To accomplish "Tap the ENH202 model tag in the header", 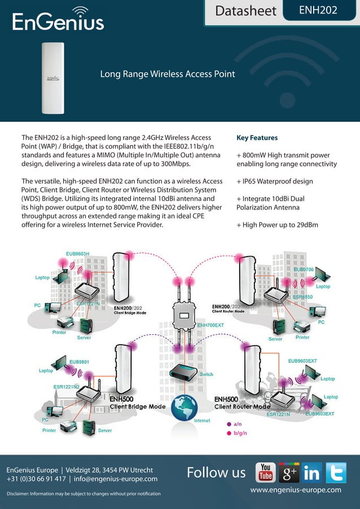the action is pyautogui.click(x=318, y=10).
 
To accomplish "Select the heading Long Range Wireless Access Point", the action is pyautogui.click(x=167, y=74).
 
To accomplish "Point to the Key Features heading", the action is pyautogui.click(x=257, y=137).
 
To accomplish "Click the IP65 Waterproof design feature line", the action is pyautogui.click(x=275, y=181).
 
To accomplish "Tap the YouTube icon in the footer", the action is pyautogui.click(x=266, y=473).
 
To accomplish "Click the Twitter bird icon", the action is pyautogui.click(x=335, y=473).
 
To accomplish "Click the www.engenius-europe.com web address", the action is pyautogui.click(x=296, y=490).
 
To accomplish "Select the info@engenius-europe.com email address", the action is pyautogui.click(x=116, y=479).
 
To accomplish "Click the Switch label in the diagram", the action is pyautogui.click(x=207, y=374).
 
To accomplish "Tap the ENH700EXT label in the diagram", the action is pyautogui.click(x=210, y=325).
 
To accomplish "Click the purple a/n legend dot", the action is pyautogui.click(x=229, y=424).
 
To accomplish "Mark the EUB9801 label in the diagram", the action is pyautogui.click(x=79, y=362).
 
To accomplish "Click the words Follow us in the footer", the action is pyautogui.click(x=216, y=472).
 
